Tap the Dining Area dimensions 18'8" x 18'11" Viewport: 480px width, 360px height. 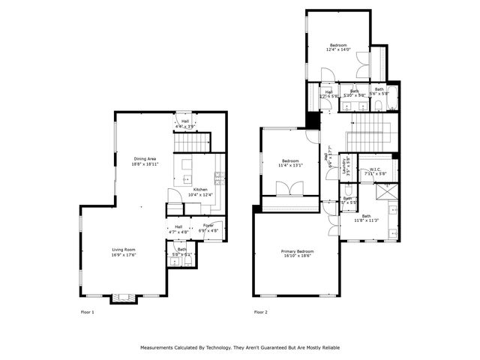coord(145,163)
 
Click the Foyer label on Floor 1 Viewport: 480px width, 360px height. coord(208,226)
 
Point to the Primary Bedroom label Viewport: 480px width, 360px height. coord(297,250)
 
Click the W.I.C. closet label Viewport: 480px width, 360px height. coord(375,169)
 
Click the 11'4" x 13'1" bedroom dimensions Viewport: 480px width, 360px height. coord(290,166)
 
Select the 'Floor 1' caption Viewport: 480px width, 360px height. coord(88,311)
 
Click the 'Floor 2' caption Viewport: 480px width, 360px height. coord(260,311)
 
